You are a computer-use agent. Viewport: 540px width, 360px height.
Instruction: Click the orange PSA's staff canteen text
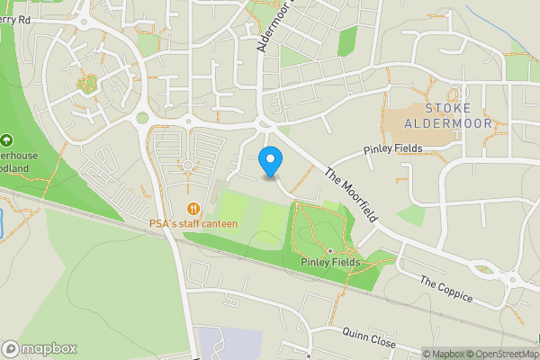[193, 222]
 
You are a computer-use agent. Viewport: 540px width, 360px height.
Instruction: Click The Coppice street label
[445, 290]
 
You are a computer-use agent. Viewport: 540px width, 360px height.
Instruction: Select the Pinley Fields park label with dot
[330, 262]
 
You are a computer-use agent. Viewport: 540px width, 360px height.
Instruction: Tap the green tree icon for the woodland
[7, 140]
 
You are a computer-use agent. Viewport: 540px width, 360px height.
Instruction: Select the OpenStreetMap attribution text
[499, 354]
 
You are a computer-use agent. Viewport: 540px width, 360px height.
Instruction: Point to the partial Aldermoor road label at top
[267, 27]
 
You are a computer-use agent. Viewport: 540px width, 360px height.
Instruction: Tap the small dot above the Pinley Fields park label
[330, 250]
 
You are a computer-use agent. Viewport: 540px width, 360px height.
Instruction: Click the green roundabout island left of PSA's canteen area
[142, 118]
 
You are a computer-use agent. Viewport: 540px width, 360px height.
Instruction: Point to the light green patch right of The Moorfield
[411, 214]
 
